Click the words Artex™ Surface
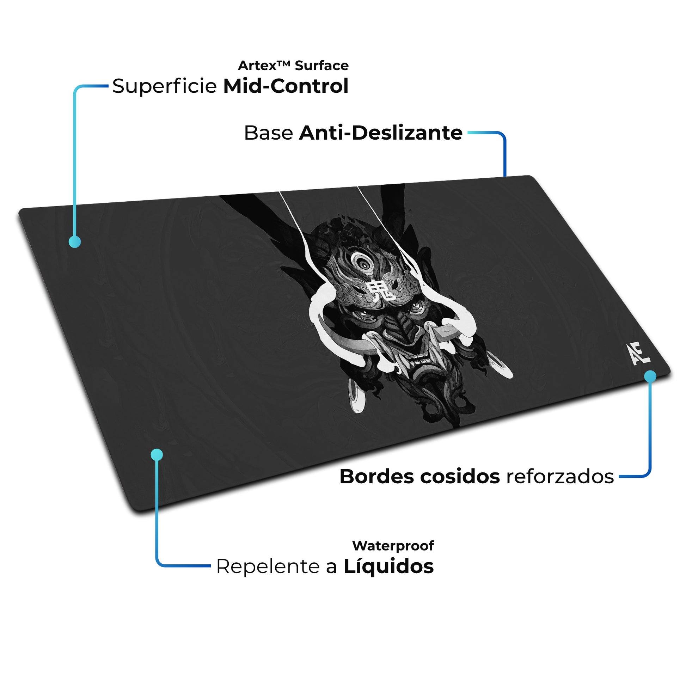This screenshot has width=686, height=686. pos(293,66)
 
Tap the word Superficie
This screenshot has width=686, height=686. pos(164,86)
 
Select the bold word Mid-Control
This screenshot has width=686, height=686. pos(286,86)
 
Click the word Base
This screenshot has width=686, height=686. pos(268,133)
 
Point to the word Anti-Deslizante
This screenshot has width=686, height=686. pos(381,133)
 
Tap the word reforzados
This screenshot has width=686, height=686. pos(560,477)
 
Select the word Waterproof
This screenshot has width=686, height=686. pos(393,546)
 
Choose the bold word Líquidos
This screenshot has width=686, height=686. pos(388,566)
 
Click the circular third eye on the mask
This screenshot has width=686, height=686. pos(362,263)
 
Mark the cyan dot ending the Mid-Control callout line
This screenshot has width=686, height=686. pos(75,242)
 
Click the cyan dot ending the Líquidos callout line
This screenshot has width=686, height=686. pos(157,454)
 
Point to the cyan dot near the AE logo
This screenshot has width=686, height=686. pos(650,376)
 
